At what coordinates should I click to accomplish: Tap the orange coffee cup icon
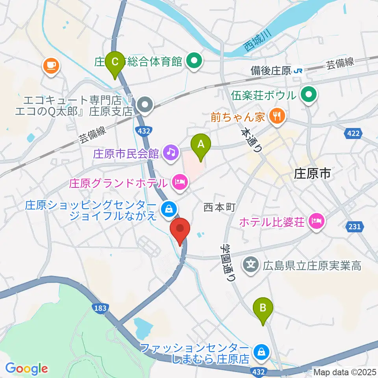click(51, 64)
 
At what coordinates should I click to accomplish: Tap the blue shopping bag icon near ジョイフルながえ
click(168, 209)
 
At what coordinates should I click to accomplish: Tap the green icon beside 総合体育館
click(194, 61)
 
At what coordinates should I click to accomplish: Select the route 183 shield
click(100, 308)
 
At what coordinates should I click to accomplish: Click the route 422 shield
click(352, 134)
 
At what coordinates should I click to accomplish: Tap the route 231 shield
click(354, 227)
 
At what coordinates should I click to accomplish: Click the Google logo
click(26, 369)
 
